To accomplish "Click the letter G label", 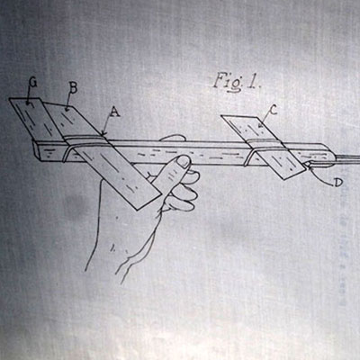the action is click(x=32, y=83).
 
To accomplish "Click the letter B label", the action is click(x=73, y=88).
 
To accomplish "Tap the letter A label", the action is click(x=114, y=112).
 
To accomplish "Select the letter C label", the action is click(x=273, y=111).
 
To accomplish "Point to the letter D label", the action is click(x=338, y=182).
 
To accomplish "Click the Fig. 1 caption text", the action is click(x=237, y=82).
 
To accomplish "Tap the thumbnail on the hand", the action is click(x=183, y=162).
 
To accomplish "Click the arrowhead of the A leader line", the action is click(x=103, y=133).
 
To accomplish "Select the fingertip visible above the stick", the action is click(x=172, y=138).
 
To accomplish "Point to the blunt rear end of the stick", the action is click(x=37, y=151).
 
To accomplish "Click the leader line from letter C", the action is click(x=265, y=121).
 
